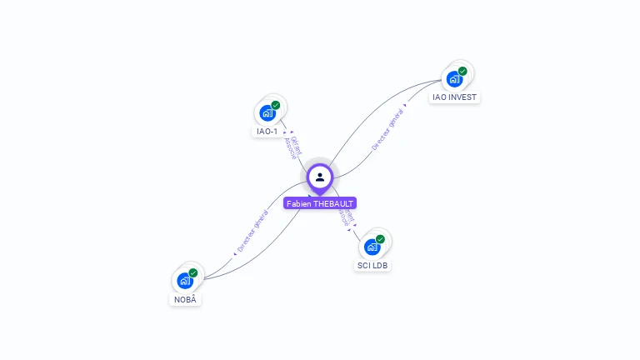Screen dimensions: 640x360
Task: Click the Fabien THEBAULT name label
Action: [x=320, y=203]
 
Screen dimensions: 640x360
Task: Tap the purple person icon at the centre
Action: [x=320, y=177]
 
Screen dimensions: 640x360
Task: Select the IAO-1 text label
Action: [x=267, y=132]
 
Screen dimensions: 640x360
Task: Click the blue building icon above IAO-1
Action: [x=267, y=113]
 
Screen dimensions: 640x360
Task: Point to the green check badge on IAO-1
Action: [x=276, y=106]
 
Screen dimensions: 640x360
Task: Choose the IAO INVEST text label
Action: [x=455, y=97]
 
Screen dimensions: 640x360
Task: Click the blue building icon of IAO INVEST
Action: [x=454, y=79]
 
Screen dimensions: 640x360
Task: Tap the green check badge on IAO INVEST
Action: [x=462, y=71]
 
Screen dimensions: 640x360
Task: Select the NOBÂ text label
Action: [x=186, y=299]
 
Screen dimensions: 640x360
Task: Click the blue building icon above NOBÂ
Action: [x=185, y=281]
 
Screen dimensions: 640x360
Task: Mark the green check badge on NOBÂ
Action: [x=193, y=272]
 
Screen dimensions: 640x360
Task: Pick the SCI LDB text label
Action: [x=372, y=265]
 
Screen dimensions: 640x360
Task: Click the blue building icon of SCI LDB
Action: [x=372, y=247]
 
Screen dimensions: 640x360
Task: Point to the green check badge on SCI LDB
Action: [x=380, y=239]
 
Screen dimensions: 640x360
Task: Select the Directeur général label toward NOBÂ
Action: [x=252, y=231]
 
